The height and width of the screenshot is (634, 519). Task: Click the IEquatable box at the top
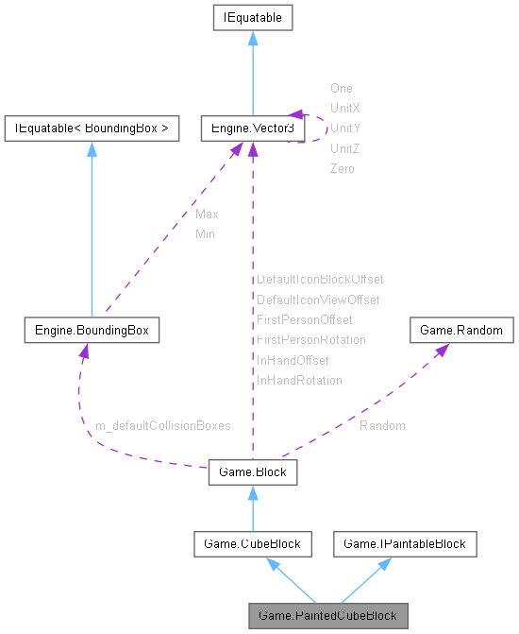[x=252, y=17]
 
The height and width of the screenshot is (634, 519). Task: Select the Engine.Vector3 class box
[x=252, y=129]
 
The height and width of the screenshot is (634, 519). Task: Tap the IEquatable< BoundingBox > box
[x=92, y=129]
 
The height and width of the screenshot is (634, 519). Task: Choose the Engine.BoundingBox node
[x=92, y=331]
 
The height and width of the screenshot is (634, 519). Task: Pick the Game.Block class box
[x=252, y=471]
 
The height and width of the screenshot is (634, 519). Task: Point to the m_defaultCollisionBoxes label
[x=162, y=426]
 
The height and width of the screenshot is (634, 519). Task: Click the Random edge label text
[x=382, y=426]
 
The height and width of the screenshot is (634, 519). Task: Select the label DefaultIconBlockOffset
[x=320, y=280]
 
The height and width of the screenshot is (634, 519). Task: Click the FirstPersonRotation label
[x=311, y=339]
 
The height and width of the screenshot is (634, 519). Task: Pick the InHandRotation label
[x=299, y=380]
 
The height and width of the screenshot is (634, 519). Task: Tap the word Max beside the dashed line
[x=207, y=214]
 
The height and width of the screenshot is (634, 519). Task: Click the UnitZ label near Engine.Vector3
[x=344, y=148]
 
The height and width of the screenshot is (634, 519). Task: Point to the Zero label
[x=342, y=168]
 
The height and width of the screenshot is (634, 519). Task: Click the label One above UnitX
[x=341, y=88]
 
